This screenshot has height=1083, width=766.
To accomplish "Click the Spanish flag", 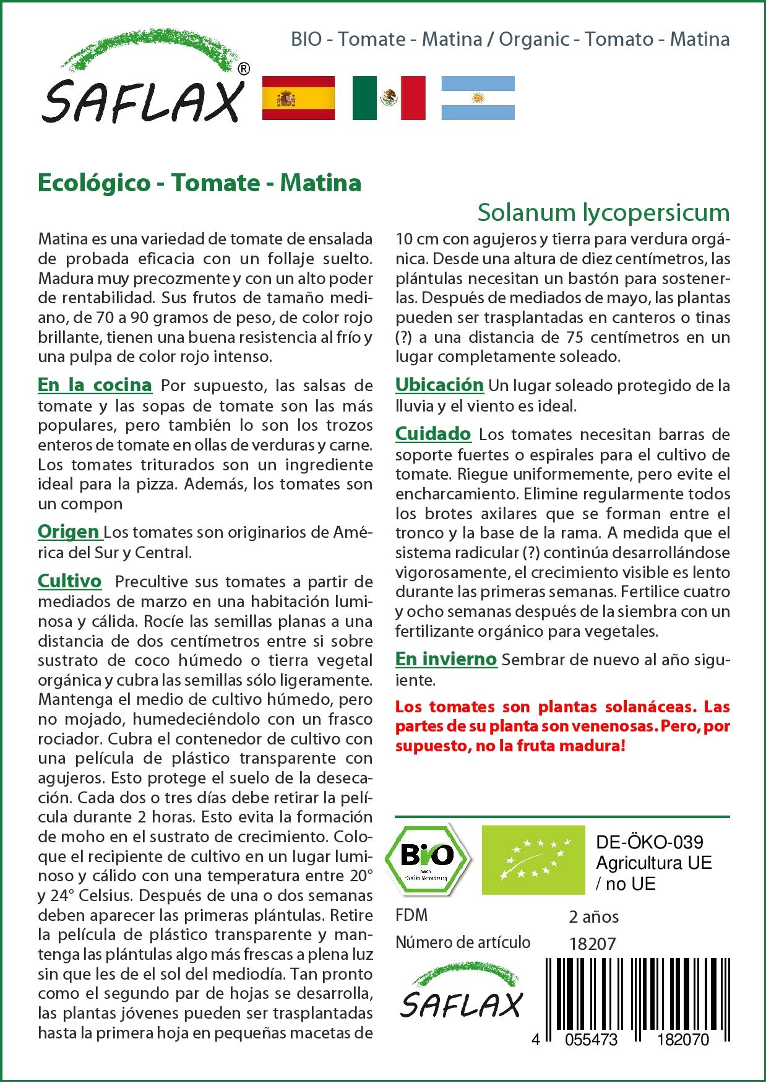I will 299,98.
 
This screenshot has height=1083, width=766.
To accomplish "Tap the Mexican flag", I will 389,98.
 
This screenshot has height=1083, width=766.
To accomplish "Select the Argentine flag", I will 478,98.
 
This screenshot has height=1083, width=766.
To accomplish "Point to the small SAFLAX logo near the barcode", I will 461,997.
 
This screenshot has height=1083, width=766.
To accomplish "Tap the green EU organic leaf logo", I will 533,859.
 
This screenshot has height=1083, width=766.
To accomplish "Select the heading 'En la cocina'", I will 95,385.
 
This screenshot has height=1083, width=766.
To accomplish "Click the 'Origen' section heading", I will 69,532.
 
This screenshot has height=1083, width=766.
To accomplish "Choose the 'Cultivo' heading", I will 69,581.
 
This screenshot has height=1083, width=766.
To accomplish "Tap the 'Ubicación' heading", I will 439,385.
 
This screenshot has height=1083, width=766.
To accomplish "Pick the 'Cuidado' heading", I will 433,434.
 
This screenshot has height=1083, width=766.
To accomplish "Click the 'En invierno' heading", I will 446,659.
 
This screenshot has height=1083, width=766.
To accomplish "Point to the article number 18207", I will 592,943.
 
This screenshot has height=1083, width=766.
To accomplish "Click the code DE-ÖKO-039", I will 649,842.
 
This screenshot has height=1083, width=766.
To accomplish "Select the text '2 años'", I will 594,917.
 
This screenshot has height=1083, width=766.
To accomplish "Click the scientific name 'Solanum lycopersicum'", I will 603,212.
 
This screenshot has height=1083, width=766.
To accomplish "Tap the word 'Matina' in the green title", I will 321,183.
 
